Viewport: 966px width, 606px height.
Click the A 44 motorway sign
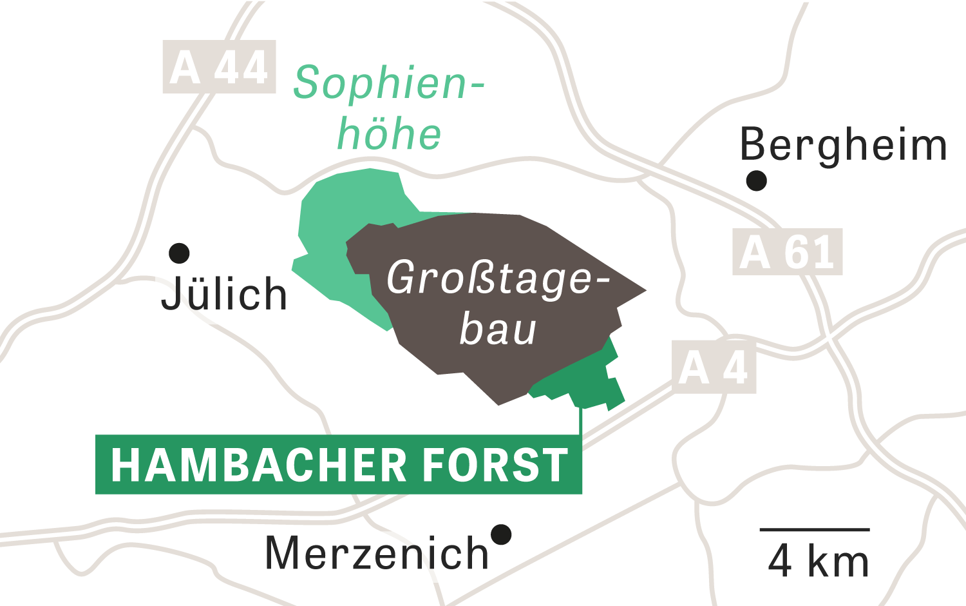pos(219,67)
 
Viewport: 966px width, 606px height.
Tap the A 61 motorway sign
pos(788,252)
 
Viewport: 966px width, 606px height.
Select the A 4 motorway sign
pos(714,367)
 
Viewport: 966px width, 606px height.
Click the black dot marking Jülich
pos(179,253)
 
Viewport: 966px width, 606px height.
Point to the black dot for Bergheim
pos(757,181)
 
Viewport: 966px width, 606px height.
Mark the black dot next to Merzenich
pos(501,534)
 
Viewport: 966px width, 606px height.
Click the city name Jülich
pos(224,294)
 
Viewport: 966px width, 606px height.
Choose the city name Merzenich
pos(377,554)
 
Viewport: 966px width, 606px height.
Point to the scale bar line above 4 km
pos(815,530)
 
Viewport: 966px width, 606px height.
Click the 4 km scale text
pos(818,561)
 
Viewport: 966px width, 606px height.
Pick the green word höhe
pos(390,134)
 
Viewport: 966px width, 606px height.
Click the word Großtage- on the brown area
pos(498,279)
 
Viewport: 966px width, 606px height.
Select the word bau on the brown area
pos(497,329)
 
